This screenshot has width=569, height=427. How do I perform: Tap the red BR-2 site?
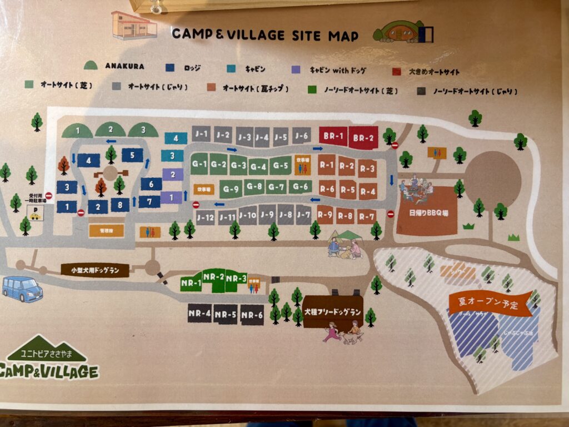364,137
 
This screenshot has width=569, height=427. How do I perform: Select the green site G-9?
231,189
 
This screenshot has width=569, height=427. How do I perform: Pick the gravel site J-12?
206,217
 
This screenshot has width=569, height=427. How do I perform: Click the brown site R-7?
367,216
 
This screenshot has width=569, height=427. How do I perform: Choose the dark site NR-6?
252,315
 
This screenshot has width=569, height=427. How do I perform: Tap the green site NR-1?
191,283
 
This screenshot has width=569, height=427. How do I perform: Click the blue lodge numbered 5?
132,156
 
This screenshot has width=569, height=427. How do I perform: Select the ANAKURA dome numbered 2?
111,130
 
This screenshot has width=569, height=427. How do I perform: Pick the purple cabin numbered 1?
171,197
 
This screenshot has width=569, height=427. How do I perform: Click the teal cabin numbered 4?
176,138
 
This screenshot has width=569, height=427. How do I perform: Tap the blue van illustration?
22,289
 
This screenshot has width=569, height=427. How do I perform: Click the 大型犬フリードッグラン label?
332,312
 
